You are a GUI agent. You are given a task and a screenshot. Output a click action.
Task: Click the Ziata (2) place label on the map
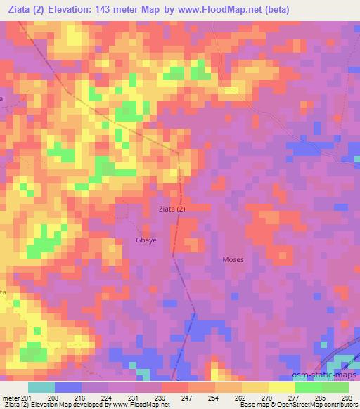(172, 209)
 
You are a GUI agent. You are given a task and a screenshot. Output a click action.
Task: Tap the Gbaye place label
(137, 240)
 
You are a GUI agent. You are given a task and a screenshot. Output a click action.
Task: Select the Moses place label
(233, 259)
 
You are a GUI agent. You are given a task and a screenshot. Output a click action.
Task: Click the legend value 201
(26, 398)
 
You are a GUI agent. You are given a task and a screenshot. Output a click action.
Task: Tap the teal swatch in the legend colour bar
(41, 387)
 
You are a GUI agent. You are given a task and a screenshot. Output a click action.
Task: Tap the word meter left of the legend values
(9, 398)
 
